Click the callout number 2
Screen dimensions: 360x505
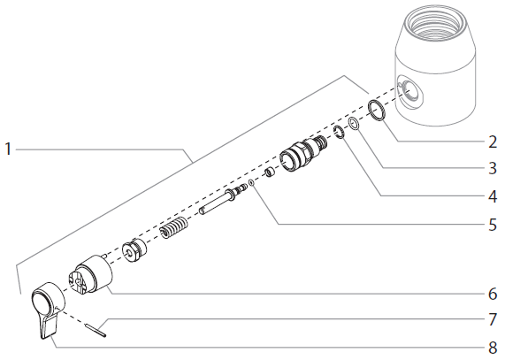(492, 141)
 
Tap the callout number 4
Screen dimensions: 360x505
(492, 195)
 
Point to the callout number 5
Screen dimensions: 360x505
(492, 225)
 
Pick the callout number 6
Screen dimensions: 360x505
(492, 293)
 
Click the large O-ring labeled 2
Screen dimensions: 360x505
(376, 111)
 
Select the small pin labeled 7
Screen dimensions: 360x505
(99, 331)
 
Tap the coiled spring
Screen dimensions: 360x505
(175, 231)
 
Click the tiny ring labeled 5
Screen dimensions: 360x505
(252, 184)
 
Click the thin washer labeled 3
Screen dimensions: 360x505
(353, 124)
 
